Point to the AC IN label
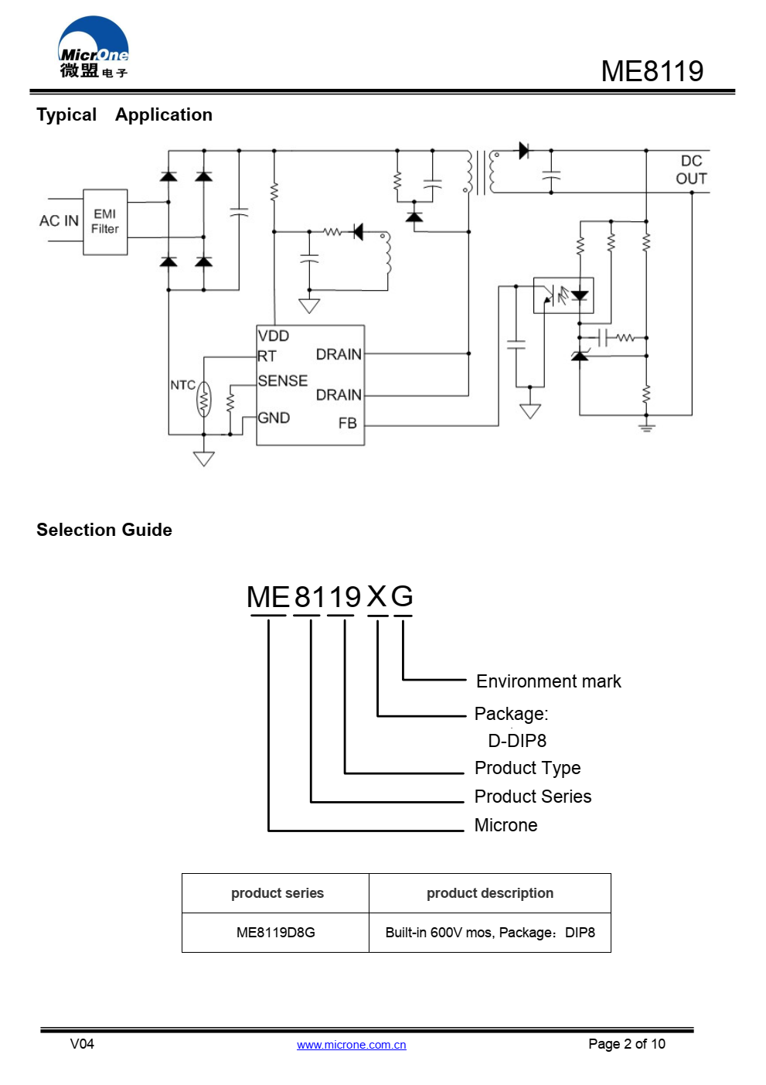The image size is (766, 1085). (59, 221)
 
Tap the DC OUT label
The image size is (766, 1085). (691, 169)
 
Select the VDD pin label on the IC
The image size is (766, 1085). (274, 336)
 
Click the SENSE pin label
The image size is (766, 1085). (283, 380)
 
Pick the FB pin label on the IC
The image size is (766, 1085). (348, 423)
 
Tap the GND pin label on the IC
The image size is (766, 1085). (274, 418)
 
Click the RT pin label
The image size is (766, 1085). (267, 356)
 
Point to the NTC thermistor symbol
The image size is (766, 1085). (204, 399)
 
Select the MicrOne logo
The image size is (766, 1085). (94, 47)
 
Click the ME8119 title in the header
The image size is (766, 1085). (652, 71)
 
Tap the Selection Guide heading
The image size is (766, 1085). (104, 530)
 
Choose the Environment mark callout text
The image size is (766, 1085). (548, 681)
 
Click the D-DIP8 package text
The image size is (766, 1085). (517, 741)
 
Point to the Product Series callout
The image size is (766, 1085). (533, 797)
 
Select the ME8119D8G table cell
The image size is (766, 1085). (275, 933)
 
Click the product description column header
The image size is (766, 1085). (489, 893)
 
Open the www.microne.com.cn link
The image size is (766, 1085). (352, 1045)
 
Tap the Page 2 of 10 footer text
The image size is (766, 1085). (627, 1044)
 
